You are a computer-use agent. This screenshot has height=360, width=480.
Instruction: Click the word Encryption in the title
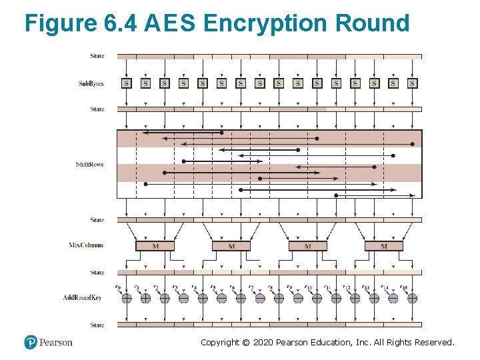266,23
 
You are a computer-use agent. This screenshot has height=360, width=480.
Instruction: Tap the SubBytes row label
91,83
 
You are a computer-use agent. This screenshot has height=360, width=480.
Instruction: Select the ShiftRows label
90,164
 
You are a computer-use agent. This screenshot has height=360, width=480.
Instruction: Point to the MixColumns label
87,245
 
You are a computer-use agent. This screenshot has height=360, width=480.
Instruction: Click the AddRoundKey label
82,297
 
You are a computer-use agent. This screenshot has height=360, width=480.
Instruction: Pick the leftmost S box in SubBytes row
127,83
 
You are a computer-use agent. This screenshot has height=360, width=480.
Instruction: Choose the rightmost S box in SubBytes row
413,83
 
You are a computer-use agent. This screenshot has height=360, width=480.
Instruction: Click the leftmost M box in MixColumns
155,246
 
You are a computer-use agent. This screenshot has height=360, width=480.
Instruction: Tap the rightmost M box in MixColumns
383,246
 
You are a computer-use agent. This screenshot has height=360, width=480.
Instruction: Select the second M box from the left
231,246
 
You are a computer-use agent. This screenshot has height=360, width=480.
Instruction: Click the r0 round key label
118,287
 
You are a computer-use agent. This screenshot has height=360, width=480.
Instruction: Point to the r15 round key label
404,287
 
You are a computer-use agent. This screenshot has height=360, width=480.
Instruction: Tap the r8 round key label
271,287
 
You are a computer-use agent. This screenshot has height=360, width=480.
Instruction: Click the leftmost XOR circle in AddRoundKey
127,299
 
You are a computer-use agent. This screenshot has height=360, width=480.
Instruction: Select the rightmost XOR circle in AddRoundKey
413,299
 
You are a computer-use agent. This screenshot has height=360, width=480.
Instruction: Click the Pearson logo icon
31,342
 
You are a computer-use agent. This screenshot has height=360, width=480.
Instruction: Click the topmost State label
97,56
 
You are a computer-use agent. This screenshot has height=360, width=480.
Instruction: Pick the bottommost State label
97,325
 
